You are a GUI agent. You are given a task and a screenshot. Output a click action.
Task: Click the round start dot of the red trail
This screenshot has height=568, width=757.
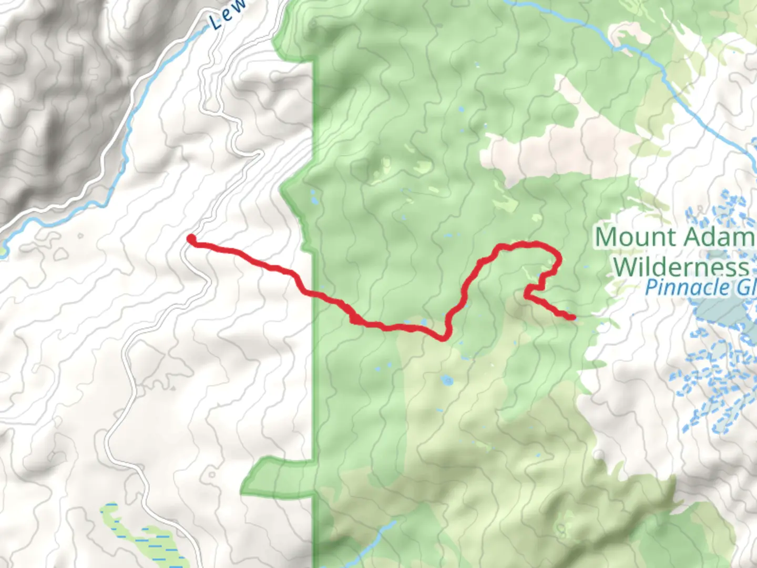pyautogui.click(x=192, y=240)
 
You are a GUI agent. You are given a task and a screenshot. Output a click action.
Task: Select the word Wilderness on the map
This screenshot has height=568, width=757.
pyautogui.click(x=681, y=267)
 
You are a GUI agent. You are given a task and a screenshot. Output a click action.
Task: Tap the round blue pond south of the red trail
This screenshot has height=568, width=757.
pyautogui.click(x=447, y=380)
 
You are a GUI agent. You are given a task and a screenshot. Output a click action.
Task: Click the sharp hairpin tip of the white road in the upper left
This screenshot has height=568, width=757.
pyautogui.click(x=260, y=153)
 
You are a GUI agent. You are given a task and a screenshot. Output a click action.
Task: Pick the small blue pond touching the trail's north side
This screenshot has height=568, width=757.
pyautogui.click(x=424, y=322)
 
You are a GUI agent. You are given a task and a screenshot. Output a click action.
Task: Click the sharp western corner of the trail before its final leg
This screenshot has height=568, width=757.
pyautogui.click(x=526, y=295)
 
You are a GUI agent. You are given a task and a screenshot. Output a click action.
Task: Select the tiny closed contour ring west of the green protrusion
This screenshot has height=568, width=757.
pyautogui.click(x=211, y=475)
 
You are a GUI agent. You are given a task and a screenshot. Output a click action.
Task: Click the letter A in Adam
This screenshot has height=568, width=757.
pyautogui.click(x=691, y=237)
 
